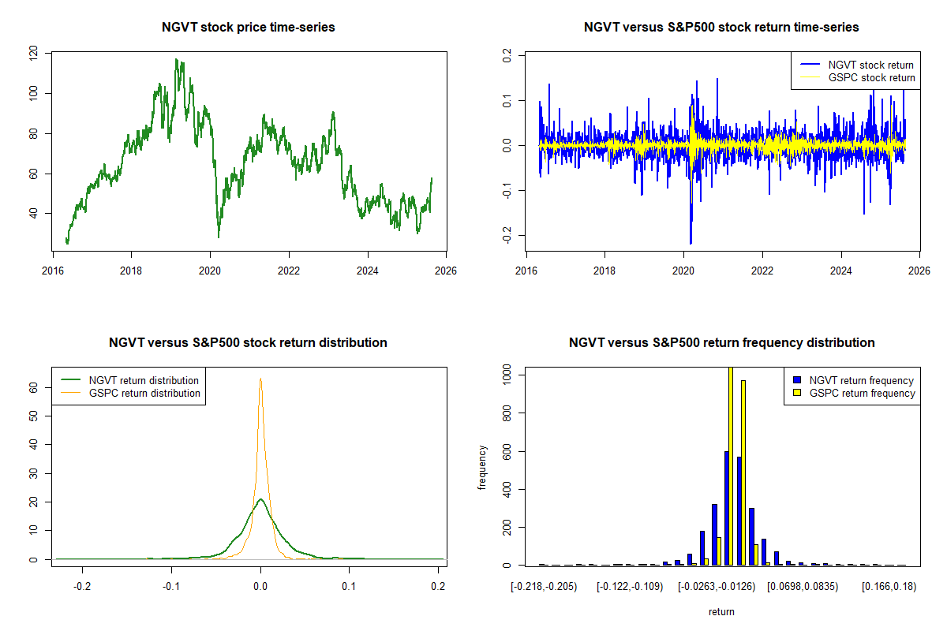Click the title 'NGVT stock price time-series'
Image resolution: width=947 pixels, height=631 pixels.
pos(248,28)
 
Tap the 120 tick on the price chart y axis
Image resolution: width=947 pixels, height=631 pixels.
pos(32,54)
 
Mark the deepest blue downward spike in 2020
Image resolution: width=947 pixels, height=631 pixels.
pos(691,242)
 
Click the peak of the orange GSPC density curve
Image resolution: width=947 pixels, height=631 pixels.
pos(260,379)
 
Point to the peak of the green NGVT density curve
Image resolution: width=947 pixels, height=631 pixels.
pos(260,498)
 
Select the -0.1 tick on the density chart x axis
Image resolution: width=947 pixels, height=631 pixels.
pos(170,587)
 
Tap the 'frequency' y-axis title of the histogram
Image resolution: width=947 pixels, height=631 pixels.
pos(482,467)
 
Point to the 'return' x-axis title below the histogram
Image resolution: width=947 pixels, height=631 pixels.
pos(721,611)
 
